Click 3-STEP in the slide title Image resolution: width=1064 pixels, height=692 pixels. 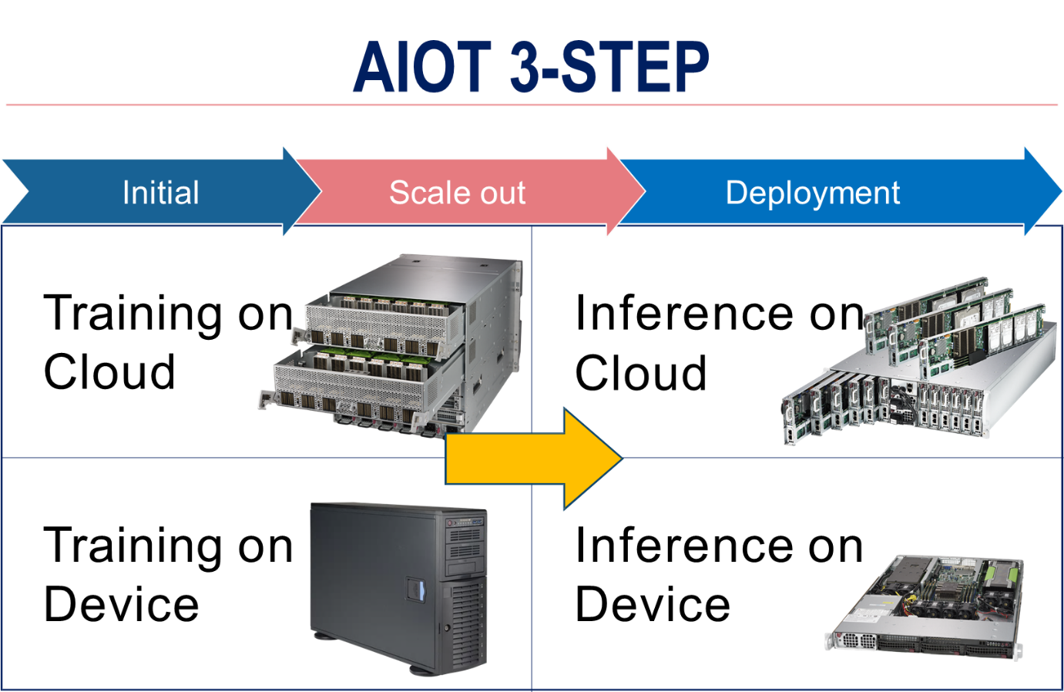point(609,67)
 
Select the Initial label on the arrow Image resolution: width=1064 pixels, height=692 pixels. point(160,193)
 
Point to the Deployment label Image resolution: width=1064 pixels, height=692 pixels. point(812,193)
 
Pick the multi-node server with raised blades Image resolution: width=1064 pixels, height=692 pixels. point(921,362)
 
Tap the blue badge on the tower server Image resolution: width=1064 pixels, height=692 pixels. point(416,591)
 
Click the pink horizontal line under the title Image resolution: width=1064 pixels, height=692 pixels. point(532,105)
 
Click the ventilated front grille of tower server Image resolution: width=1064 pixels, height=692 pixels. point(468,624)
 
